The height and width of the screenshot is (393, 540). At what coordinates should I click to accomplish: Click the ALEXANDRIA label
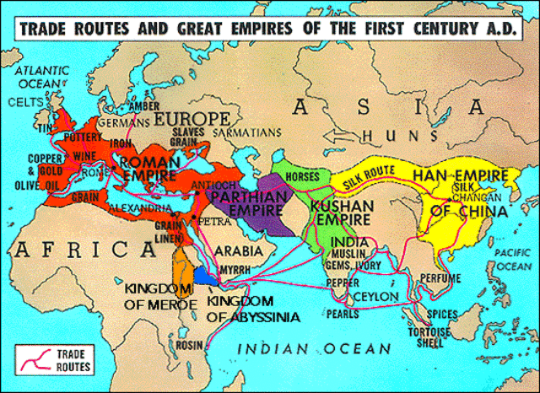(153, 207)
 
